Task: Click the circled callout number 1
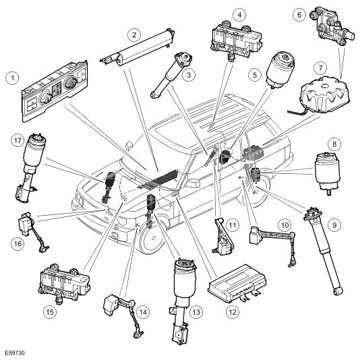coord(12,78)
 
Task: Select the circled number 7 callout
coord(320,68)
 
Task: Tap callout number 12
coord(233,312)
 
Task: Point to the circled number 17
coord(18,140)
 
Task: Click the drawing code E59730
coord(14,353)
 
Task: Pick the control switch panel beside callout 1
coord(55,91)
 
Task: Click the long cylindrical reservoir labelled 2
coord(138,48)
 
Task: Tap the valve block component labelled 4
coord(236,40)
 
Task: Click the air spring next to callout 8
coord(327,173)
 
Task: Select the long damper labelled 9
coord(324,251)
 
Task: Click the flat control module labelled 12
coord(237,284)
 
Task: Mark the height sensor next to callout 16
coord(32,232)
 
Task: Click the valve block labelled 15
coord(64,283)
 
